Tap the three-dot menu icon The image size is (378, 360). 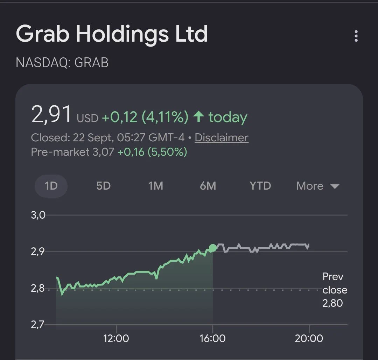point(356,36)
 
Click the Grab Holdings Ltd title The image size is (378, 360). point(112,34)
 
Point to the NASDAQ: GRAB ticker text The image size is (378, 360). point(62,63)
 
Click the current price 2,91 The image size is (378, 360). point(51,114)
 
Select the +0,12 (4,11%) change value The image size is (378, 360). point(145,117)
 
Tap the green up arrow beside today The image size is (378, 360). point(199,117)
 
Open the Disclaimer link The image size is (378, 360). point(222,137)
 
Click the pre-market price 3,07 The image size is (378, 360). point(103,152)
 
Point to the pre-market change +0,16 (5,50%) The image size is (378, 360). point(152,152)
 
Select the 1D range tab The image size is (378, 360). point(51,186)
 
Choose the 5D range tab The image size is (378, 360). point(103,186)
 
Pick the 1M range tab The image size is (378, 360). point(156,186)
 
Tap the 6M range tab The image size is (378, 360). point(208,186)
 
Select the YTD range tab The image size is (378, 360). point(260,186)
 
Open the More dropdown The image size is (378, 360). point(318,186)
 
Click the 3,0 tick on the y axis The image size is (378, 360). point(38,215)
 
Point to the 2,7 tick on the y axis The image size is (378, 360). point(37,325)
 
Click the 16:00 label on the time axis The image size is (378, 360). point(212,339)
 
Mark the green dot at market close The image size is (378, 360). point(213,248)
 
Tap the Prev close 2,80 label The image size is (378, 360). point(335,290)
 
